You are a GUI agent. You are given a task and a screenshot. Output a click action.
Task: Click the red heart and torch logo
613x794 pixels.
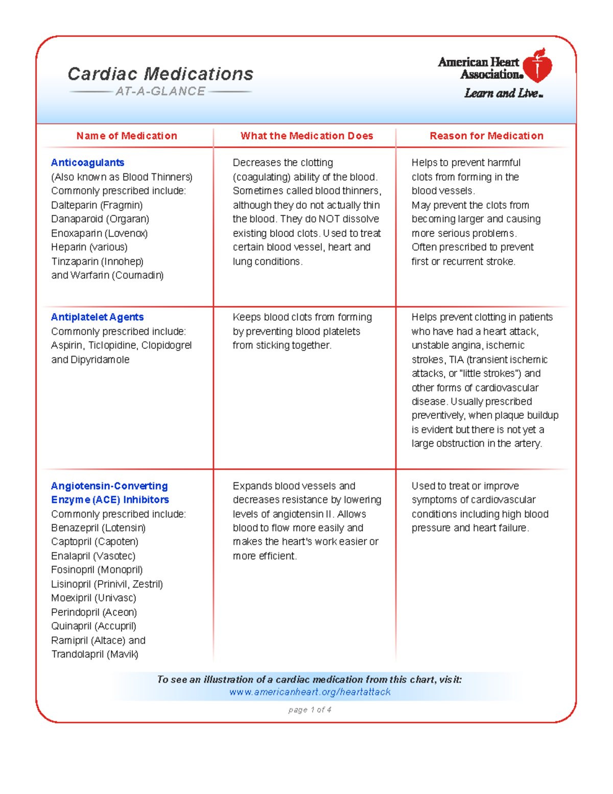click(x=537, y=66)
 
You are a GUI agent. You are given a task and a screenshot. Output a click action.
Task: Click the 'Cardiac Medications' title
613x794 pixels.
click(x=160, y=74)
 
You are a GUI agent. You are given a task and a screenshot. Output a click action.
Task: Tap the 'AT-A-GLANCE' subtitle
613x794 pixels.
click(x=160, y=92)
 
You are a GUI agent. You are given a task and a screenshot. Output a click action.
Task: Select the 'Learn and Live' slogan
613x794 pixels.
click(x=503, y=94)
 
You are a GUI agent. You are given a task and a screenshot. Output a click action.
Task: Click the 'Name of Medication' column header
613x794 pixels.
click(x=127, y=136)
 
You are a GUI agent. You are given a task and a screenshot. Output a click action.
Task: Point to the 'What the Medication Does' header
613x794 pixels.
click(x=306, y=136)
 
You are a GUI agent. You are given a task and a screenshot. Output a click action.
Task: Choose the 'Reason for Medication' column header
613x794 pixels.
click(x=486, y=136)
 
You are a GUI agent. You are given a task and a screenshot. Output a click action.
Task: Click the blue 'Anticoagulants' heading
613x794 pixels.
click(x=87, y=163)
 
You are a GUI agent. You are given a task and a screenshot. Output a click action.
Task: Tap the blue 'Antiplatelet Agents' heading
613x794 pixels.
click(x=97, y=317)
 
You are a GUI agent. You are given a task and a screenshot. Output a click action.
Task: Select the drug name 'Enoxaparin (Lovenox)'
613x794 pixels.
click(x=99, y=233)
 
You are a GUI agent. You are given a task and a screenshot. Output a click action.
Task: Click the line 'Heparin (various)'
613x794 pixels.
click(x=89, y=247)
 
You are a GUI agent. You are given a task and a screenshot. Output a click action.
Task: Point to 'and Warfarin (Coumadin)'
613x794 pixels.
click(x=107, y=275)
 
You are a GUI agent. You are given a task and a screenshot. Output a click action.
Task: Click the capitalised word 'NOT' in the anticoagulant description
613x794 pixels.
click(x=329, y=219)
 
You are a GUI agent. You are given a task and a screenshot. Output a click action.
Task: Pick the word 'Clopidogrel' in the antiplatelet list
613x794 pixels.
click(x=167, y=345)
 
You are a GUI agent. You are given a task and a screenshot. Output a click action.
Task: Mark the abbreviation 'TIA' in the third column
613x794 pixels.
click(x=456, y=359)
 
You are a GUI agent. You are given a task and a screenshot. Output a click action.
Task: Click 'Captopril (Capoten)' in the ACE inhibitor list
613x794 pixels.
click(x=95, y=541)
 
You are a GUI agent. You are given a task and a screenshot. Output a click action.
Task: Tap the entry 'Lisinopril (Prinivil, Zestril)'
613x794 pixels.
click(x=107, y=584)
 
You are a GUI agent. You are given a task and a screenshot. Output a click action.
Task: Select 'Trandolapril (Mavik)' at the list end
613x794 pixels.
click(x=95, y=654)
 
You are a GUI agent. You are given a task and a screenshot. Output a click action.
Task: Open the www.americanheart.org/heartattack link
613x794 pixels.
click(x=310, y=692)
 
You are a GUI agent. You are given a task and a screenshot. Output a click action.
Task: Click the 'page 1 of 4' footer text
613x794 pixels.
click(x=310, y=710)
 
